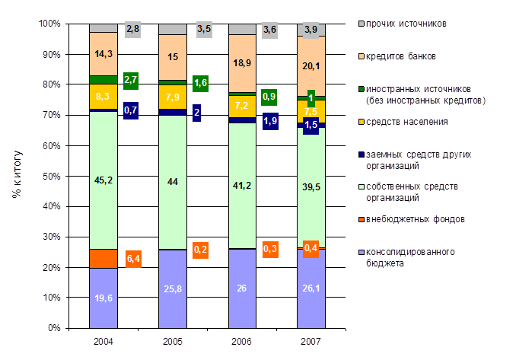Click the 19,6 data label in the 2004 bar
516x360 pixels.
(x=103, y=298)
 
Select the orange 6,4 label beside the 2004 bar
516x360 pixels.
(x=133, y=259)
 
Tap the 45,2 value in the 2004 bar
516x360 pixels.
(x=103, y=180)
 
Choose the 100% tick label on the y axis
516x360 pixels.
(x=48, y=24)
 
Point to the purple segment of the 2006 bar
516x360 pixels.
(x=241, y=288)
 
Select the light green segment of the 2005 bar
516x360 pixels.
(x=172, y=181)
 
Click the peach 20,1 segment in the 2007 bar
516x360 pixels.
(x=311, y=66)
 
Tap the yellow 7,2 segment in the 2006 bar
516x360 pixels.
(x=241, y=106)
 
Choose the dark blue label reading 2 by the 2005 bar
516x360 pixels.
(x=197, y=113)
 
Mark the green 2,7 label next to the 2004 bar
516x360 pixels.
(x=130, y=79)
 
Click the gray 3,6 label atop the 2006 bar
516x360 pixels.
(x=269, y=30)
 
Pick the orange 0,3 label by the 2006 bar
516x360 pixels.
(x=269, y=249)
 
